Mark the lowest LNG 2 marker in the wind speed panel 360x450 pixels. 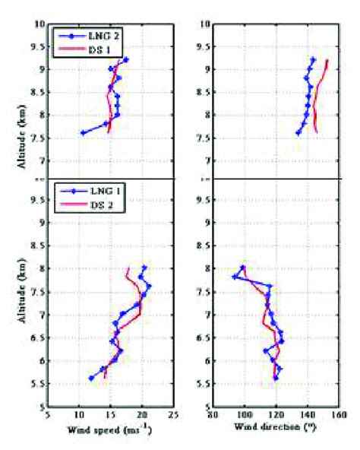click(82, 133)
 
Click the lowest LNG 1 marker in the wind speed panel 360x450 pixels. click(91, 378)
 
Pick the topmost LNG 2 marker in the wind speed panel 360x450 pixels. click(125, 60)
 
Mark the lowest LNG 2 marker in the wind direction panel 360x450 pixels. click(298, 133)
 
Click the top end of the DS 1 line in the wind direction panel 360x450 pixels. click(327, 60)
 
